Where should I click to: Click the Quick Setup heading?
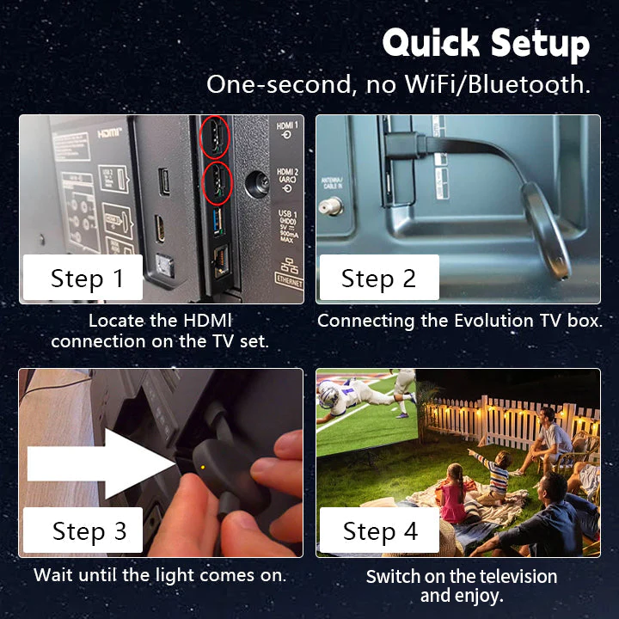coord(486,43)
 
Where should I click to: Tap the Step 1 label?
coord(87,279)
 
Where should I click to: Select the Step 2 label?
coord(378,279)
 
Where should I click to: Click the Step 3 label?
coord(89,531)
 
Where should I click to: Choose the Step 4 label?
coord(380,531)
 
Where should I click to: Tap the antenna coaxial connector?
coord(329,207)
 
